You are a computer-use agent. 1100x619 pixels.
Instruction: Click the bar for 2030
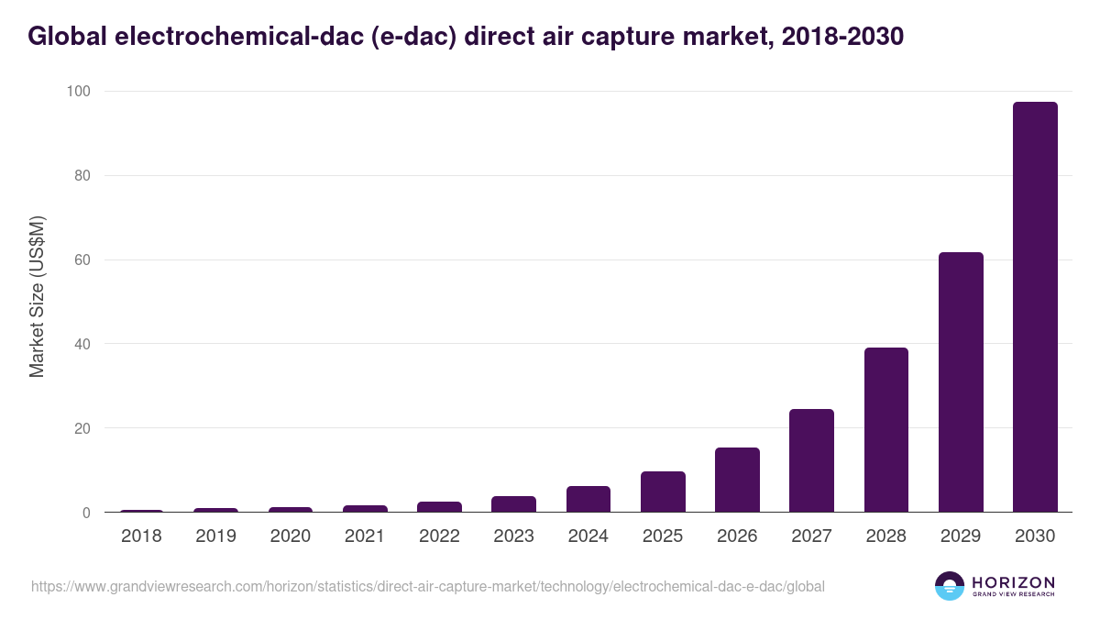[x=1035, y=307]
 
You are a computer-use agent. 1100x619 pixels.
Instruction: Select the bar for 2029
[x=961, y=382]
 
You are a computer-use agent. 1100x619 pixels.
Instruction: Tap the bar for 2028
[x=885, y=430]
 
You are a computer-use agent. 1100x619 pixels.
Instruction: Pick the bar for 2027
[x=811, y=460]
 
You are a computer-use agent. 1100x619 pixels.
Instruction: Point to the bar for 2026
[x=737, y=480]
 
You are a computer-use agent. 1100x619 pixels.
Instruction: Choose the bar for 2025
[x=663, y=492]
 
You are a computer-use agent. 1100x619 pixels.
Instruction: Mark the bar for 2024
[x=588, y=499]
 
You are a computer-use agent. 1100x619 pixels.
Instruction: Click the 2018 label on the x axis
[x=141, y=536]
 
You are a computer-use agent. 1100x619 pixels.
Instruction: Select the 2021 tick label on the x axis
[x=365, y=536]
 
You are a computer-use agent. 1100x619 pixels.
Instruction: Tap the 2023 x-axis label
[x=513, y=536]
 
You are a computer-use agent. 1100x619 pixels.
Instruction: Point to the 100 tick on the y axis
[x=78, y=92]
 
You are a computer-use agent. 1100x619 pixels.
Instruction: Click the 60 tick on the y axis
[x=82, y=260]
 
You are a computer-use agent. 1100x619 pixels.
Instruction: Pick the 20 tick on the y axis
[x=82, y=428]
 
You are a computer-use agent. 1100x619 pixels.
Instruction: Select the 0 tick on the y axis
[x=86, y=513]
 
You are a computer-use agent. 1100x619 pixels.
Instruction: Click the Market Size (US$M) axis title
[x=37, y=297]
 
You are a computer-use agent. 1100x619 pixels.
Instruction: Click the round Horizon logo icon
[x=949, y=586]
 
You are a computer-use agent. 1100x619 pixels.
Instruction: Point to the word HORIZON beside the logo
[x=1013, y=582]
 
